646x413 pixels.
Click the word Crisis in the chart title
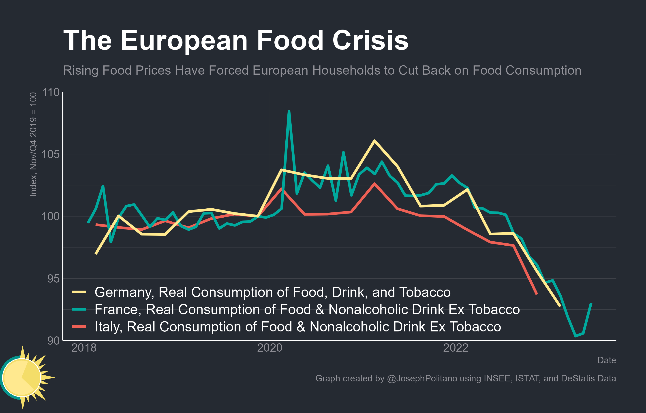tap(370, 40)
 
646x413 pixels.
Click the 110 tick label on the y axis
tap(51, 92)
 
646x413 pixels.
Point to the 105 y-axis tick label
tap(51, 154)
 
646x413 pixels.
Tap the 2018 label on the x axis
tap(84, 348)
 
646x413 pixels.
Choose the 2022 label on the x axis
tap(456, 348)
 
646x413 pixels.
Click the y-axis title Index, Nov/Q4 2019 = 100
tap(33, 145)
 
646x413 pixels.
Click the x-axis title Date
tap(607, 360)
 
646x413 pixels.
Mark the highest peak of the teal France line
tap(289, 111)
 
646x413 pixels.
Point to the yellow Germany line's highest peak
tap(374, 141)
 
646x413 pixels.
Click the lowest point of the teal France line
tap(575, 336)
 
